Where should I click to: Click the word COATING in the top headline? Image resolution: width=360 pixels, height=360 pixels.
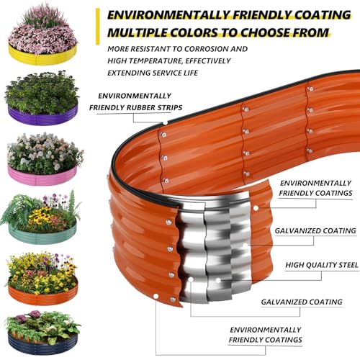[323, 15]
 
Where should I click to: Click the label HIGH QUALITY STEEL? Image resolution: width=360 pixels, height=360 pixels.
[322, 265]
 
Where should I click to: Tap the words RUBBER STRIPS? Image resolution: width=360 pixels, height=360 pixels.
[154, 107]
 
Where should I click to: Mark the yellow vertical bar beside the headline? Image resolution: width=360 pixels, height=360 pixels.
[97, 27]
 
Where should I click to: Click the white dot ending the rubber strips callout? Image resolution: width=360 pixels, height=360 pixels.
[166, 123]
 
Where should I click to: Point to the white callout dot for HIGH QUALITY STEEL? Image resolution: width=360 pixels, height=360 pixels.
[218, 280]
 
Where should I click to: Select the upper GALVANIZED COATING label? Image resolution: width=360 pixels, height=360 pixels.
[315, 231]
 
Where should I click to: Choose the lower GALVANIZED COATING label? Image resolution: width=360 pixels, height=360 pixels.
[302, 302]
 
